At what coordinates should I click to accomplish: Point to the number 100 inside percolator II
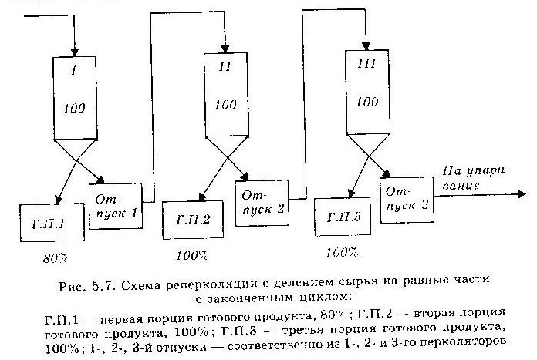(x=225, y=105)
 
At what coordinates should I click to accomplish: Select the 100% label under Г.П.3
(x=343, y=251)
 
